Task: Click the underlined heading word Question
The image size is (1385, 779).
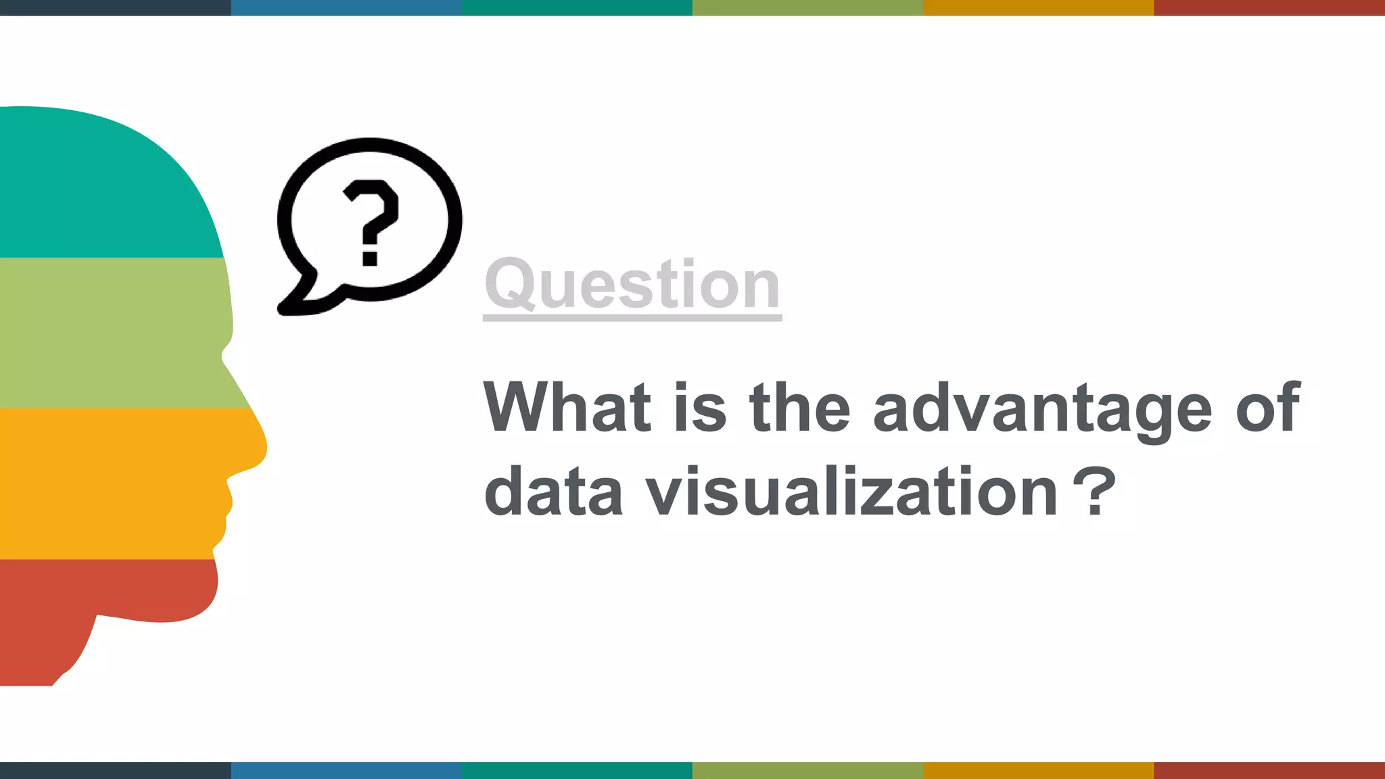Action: pyautogui.click(x=632, y=284)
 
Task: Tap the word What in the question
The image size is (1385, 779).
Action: pyautogui.click(x=567, y=407)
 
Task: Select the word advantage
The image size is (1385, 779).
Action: pyautogui.click(x=1042, y=408)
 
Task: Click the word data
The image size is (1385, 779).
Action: pyautogui.click(x=553, y=492)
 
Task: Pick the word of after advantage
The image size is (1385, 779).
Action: pyautogui.click(x=1267, y=407)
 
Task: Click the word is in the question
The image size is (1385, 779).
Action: pyautogui.click(x=700, y=407)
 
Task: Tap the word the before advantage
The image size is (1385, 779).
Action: pyautogui.click(x=799, y=407)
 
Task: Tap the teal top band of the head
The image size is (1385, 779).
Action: pyautogui.click(x=101, y=183)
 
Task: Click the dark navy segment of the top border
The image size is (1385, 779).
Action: pyautogui.click(x=115, y=7)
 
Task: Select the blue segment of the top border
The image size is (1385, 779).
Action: pyautogui.click(x=346, y=7)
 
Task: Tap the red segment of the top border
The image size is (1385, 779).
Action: pyautogui.click(x=1269, y=7)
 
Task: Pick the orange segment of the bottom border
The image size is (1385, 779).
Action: pyautogui.click(x=1038, y=771)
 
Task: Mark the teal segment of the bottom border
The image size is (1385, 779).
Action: pyautogui.click(x=577, y=771)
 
